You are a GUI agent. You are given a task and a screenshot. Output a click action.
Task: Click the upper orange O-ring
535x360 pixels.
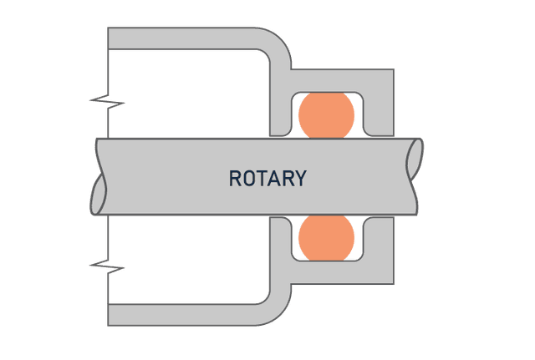point(326,114)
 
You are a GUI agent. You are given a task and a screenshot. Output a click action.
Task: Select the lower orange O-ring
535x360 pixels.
point(326,237)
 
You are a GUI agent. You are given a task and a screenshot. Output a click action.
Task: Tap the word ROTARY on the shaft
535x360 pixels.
point(267,178)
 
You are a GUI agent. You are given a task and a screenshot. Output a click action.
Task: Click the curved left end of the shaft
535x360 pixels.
point(101,177)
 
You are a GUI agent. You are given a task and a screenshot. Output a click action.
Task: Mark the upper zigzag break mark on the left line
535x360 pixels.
point(107,104)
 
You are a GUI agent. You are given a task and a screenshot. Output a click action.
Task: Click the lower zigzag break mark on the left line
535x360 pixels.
point(107,268)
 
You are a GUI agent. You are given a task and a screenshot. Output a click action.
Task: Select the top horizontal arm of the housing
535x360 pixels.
point(184,38)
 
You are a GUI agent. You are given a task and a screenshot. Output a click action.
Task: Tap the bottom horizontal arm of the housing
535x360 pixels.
point(184,314)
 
